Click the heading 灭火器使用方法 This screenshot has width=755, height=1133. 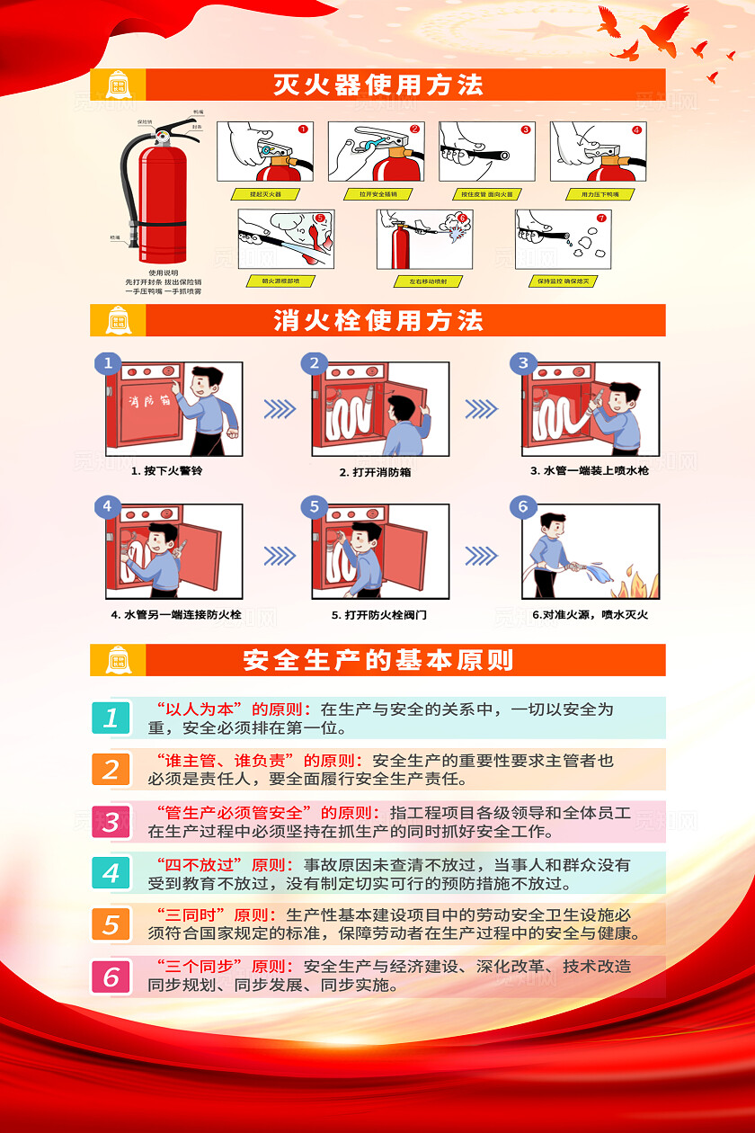point(378,85)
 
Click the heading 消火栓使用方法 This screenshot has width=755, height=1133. point(378,320)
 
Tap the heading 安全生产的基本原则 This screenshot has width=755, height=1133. point(378,660)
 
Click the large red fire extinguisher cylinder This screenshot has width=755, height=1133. point(162,202)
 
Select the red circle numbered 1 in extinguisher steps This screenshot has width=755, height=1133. point(303,129)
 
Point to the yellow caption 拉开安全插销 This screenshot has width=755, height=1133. point(377,193)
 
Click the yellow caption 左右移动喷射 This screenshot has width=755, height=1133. point(428,281)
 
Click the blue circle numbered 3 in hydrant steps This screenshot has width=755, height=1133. point(523,363)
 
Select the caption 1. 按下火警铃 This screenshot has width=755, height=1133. point(167,470)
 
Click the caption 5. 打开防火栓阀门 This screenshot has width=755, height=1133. point(378,615)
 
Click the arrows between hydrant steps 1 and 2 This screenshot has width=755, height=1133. point(280,409)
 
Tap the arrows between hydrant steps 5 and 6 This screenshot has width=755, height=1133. point(481,554)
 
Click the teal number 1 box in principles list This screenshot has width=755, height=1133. point(111,718)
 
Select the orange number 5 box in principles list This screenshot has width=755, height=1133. point(111,924)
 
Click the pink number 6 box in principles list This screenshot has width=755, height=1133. point(111,977)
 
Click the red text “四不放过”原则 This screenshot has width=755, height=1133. point(224,865)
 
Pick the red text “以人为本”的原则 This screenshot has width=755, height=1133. point(233,709)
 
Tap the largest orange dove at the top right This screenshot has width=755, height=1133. point(665,25)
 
